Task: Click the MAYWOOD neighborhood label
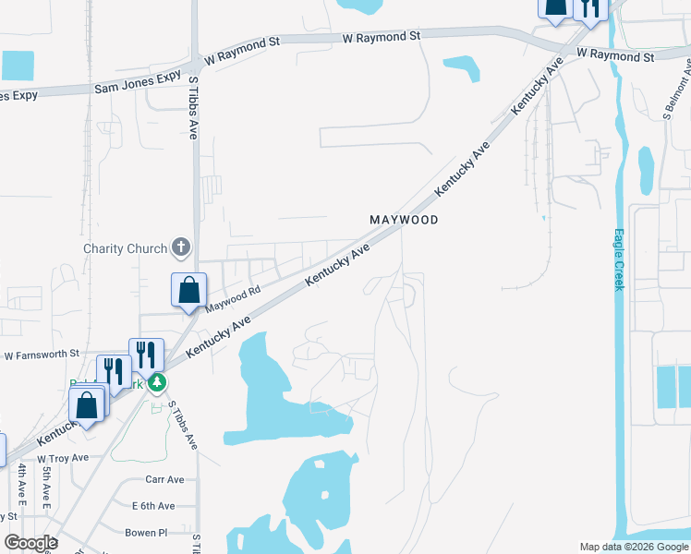tap(403, 220)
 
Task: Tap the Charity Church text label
tap(125, 248)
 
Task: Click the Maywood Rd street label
tap(234, 297)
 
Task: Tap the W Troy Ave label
tap(63, 458)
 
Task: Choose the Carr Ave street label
tap(164, 479)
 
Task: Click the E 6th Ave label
tap(153, 506)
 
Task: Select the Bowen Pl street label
tap(146, 533)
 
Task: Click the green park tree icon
tap(158, 380)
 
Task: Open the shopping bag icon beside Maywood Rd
tap(188, 290)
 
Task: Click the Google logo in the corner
tap(30, 543)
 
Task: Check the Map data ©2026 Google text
tap(633, 547)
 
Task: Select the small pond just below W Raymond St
tap(462, 67)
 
